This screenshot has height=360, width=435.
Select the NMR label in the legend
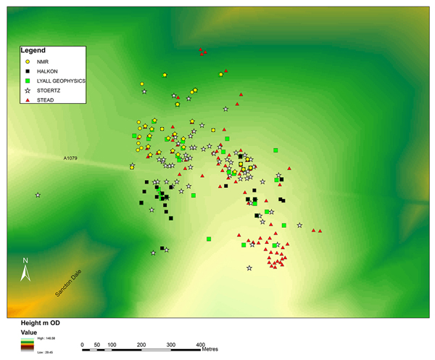coord(42,62)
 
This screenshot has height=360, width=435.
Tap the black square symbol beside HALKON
coord(26,72)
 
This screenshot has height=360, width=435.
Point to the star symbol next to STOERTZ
coord(26,90)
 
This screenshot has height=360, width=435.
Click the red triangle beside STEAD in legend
coord(26,99)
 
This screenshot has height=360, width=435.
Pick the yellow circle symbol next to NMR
coord(26,62)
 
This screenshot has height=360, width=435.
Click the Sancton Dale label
coord(70,284)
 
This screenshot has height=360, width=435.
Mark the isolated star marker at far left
coord(38,195)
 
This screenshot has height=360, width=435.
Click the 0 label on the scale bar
coord(82,344)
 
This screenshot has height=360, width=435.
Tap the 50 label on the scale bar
coord(96,344)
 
